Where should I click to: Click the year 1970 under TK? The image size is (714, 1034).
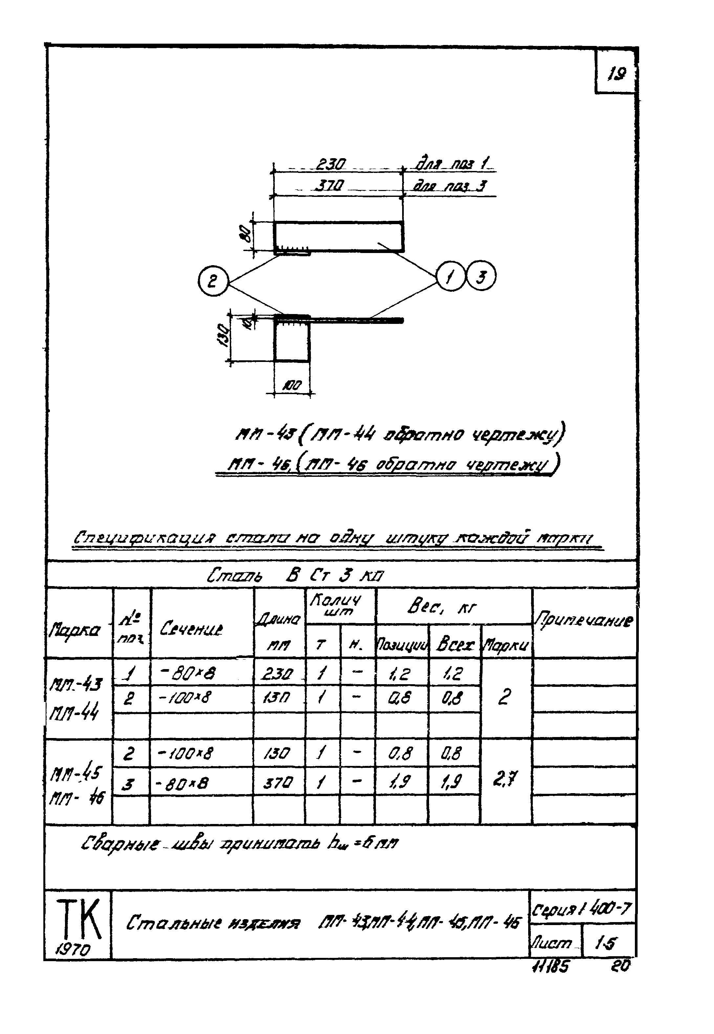point(73,949)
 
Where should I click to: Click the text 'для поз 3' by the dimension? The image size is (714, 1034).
point(450,186)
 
